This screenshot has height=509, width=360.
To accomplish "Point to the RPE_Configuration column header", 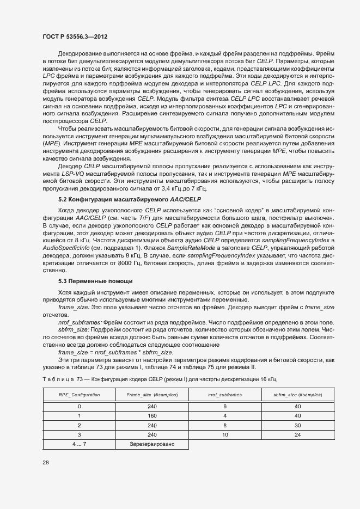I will [79, 393].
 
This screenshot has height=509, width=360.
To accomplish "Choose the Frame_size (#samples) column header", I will [152, 393].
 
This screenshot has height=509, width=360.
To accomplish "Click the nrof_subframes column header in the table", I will [225, 393].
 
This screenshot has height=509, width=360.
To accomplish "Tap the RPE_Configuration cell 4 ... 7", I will [79, 444].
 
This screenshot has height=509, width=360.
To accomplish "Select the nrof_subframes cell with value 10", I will [225, 434].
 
